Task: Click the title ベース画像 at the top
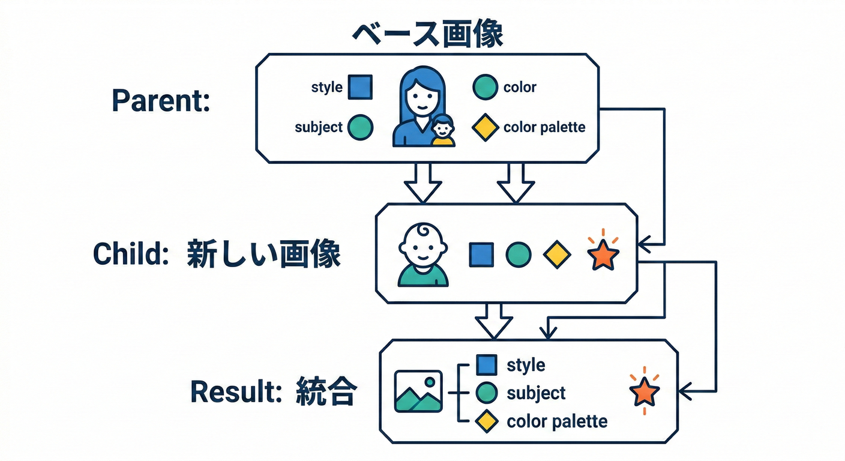tap(427, 35)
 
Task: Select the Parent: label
tap(161, 101)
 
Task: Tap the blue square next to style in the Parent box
tap(360, 87)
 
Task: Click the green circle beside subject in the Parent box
tap(360, 127)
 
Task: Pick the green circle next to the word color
tap(485, 87)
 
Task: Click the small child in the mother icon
tap(443, 131)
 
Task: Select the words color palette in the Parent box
tap(544, 127)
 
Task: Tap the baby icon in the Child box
tap(423, 255)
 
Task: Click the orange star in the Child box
tap(603, 255)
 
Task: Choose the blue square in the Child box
tap(481, 255)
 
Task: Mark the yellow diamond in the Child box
tap(556, 255)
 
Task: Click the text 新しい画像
tap(263, 255)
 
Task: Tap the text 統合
tap(326, 393)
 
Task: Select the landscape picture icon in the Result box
tap(418, 391)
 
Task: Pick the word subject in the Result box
tap(536, 393)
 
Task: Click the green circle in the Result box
tap(486, 393)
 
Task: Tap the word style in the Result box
tap(526, 365)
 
